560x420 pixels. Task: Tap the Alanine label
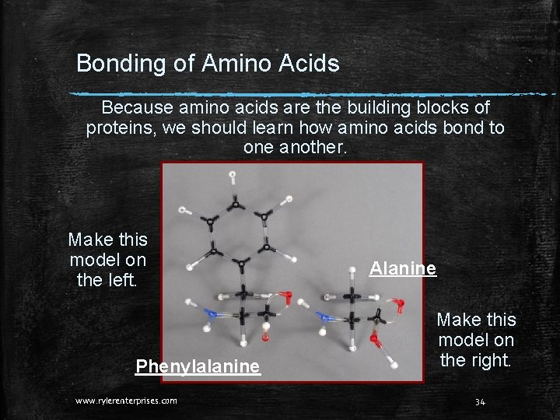403,268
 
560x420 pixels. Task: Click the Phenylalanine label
198,366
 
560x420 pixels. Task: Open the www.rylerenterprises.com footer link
126,401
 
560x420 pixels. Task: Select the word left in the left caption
122,278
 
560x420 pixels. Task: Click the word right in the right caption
493,360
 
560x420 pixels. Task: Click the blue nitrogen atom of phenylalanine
208,314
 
